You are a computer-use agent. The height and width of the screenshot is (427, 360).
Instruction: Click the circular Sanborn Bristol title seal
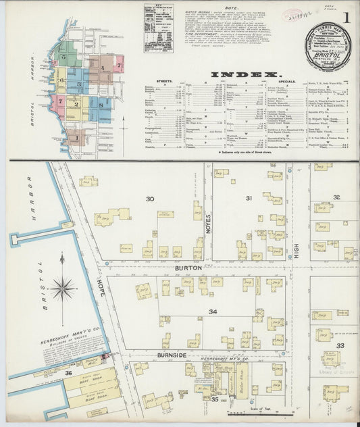coord(328,48)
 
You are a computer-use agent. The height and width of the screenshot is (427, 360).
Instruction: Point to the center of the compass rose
coord(63,288)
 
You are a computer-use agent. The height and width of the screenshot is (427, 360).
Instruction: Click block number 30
coord(150,199)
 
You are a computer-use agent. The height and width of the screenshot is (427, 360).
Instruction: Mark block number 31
coord(249,198)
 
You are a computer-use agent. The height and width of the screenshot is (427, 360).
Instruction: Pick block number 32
coord(336,197)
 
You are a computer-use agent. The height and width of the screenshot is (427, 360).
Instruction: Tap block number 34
coord(213,311)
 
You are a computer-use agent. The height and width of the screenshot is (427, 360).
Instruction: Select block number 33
coord(341,345)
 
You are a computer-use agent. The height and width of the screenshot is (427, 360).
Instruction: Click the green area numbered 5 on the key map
coord(64,57)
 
